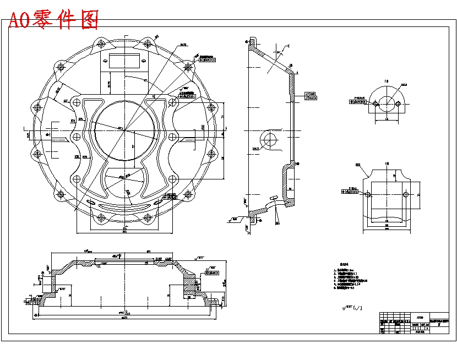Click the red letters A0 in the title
(20, 20)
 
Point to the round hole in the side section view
(270, 139)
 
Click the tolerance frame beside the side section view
(310, 96)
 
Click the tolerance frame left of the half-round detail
(358, 101)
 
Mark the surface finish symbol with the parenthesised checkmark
(352, 308)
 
